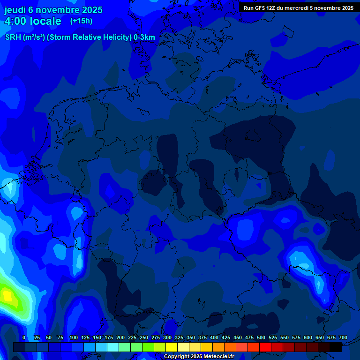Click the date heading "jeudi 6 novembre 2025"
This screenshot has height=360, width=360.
[53, 10]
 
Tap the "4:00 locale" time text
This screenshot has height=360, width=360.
[33, 22]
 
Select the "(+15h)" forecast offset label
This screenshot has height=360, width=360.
[81, 21]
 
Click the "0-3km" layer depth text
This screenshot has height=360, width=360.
[144, 37]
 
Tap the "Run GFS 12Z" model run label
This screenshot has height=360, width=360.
[260, 8]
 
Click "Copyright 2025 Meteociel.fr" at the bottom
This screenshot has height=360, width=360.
[199, 357]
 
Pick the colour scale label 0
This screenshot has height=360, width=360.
[24, 337]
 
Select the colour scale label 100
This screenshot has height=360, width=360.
[74, 337]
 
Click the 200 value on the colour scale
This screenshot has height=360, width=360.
[120, 337]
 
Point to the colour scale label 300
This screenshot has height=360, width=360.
[167, 337]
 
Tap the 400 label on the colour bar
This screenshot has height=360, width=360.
[214, 337]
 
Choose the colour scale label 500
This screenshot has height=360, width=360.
[261, 337]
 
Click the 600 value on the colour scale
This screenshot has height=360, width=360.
[308, 337]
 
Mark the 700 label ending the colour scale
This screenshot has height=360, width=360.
[343, 337]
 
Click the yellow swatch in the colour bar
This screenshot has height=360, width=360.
[172, 347]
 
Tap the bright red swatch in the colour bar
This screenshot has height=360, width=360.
[265, 347]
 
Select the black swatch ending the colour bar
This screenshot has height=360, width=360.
[336, 347]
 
